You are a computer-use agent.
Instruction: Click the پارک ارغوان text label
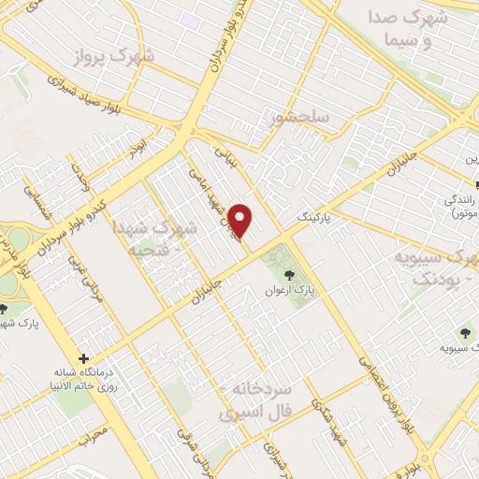(287, 292)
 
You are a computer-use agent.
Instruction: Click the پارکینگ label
(314, 216)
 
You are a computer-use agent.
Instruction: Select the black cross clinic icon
(84, 358)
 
